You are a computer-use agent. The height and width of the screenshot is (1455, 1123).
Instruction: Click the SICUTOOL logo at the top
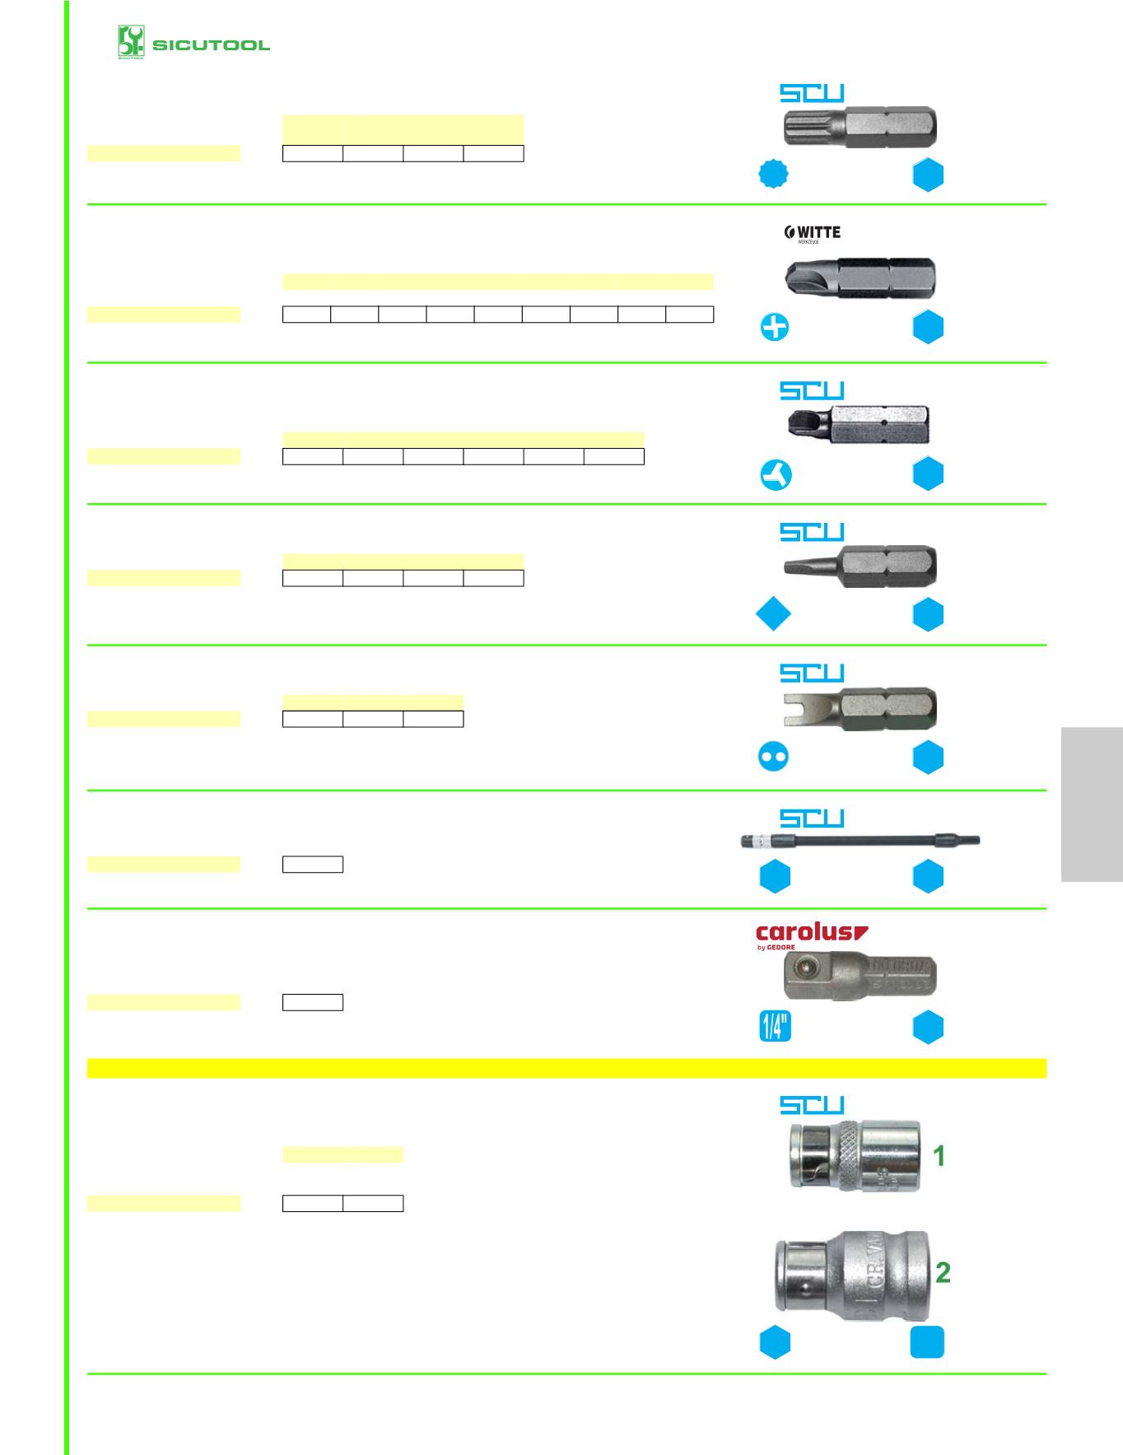pos(193,43)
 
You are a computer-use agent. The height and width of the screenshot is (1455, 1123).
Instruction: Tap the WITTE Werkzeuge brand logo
pos(813,234)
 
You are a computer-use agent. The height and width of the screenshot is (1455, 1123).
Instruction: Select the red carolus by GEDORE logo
pos(811,936)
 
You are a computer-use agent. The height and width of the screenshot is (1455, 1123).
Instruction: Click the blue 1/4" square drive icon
pos(775,1026)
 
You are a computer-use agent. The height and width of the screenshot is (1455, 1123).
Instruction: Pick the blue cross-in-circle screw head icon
pos(774,328)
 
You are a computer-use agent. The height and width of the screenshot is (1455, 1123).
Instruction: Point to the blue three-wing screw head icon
pos(775,474)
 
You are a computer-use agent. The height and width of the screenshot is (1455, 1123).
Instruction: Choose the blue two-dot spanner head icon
pos(773,756)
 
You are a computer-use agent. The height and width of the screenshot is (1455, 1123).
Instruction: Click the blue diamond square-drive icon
pos(773,614)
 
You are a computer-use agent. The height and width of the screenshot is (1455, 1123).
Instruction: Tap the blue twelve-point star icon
pos(773,174)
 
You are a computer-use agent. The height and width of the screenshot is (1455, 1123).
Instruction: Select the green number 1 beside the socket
pos(939,1156)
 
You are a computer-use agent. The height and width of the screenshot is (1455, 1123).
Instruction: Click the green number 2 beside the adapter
pos(943,1272)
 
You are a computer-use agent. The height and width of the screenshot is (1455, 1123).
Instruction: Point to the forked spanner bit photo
pos(859,707)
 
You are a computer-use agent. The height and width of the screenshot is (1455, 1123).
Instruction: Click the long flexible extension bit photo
pos(860,842)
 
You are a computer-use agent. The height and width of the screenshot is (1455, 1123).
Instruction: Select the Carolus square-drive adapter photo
pos(860,977)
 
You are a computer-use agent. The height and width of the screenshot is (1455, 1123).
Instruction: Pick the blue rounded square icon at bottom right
pos(927,1343)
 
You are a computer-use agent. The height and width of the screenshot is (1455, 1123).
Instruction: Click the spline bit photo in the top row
pos(859,128)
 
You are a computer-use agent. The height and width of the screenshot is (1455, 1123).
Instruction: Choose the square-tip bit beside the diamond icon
pos(860,566)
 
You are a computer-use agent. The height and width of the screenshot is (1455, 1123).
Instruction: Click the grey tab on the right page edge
pos(1092,804)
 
